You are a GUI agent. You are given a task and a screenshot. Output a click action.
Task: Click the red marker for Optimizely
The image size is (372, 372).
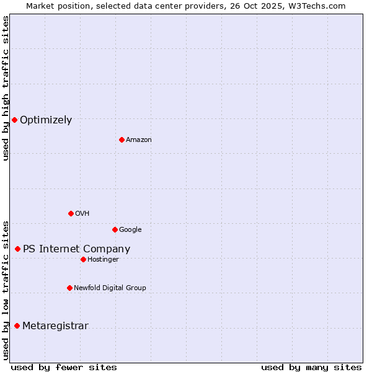click(14, 120)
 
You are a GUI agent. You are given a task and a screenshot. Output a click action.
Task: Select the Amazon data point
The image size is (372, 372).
click(122, 139)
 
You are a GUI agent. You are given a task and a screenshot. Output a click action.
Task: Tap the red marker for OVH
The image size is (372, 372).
click(71, 213)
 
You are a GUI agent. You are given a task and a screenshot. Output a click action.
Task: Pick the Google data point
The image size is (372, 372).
click(115, 229)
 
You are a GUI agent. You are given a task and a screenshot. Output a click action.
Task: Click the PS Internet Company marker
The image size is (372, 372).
click(17, 249)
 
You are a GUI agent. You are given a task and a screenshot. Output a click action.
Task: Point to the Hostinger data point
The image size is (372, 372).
click(83, 259)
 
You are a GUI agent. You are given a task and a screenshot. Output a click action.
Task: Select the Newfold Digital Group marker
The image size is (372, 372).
click(69, 288)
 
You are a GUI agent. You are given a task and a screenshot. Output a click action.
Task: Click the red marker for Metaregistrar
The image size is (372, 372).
click(17, 325)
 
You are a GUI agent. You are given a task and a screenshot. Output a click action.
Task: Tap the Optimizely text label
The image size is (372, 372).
click(46, 120)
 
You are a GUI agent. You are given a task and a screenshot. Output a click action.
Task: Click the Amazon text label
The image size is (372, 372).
click(139, 140)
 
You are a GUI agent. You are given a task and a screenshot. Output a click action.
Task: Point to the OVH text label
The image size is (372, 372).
click(82, 214)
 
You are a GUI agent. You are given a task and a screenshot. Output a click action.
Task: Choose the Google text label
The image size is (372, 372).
click(130, 230)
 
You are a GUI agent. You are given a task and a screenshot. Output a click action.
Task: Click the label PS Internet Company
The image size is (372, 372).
click(76, 249)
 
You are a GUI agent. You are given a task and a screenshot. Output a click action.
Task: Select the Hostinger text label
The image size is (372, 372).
click(103, 260)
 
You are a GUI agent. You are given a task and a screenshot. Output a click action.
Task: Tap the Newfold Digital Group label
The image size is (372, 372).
click(110, 288)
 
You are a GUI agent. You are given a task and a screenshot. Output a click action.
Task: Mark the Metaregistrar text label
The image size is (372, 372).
click(55, 326)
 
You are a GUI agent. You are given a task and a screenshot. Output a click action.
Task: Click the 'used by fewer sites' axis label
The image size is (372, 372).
click(64, 367)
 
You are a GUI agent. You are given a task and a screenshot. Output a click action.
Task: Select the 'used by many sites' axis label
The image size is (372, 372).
click(311, 367)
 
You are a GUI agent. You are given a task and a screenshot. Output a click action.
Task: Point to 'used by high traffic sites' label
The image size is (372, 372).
click(6, 88)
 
